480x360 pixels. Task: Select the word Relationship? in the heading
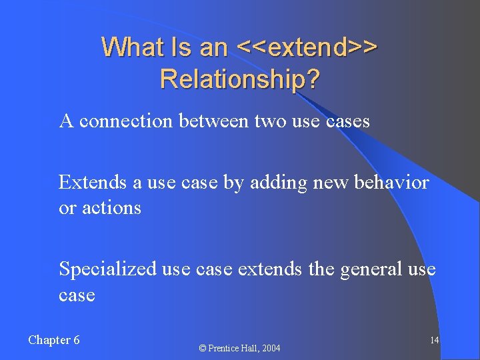point(240,79)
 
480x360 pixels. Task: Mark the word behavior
point(393,182)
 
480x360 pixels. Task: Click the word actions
point(111,208)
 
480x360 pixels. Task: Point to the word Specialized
point(108,269)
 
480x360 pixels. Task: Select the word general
point(371,269)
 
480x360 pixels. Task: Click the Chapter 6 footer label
point(54,340)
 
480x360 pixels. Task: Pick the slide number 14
point(434,341)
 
